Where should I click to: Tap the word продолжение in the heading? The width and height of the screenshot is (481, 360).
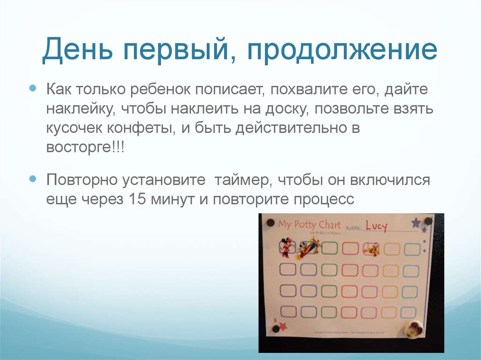coord(342,51)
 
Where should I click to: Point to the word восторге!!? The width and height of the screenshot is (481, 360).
coord(85,147)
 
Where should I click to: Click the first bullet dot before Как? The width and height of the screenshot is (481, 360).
coord(33,88)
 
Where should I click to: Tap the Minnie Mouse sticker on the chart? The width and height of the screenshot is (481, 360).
coord(285,247)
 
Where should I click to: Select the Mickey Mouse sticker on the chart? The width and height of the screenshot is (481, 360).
coord(308,248)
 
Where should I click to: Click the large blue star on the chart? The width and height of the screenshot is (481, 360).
coord(416,223)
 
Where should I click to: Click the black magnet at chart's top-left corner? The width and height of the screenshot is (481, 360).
coord(270,222)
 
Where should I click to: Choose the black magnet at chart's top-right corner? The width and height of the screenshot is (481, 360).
coord(428,221)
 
